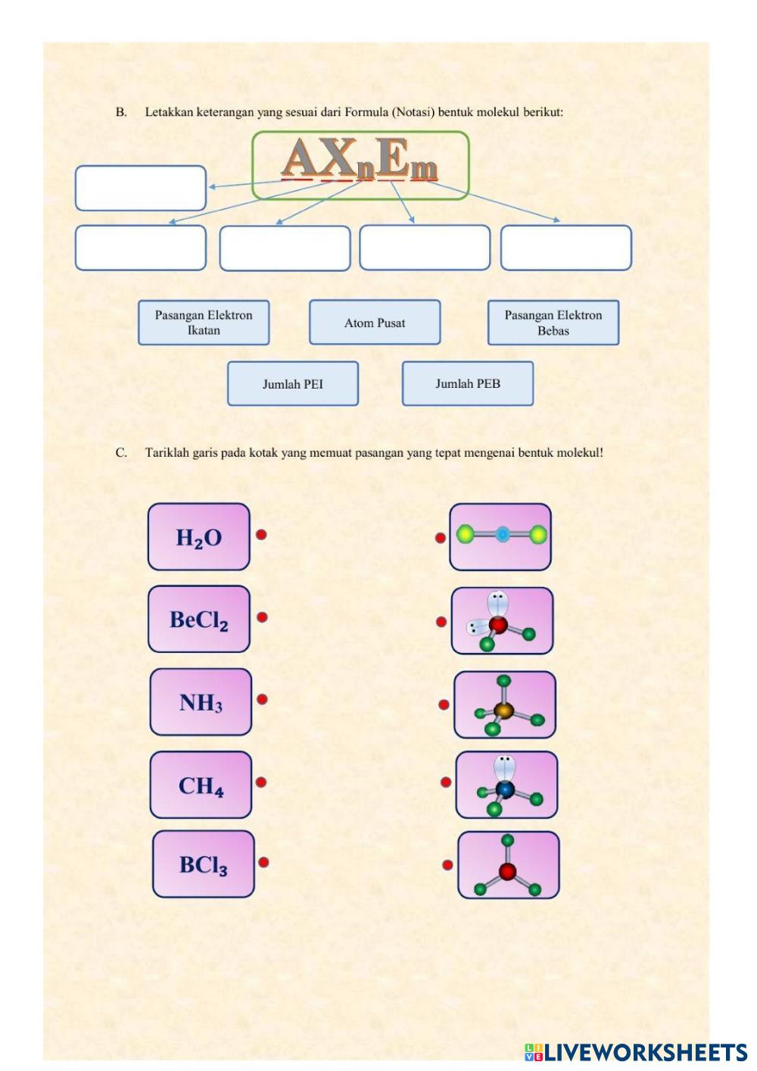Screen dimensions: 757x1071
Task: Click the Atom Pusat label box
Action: (x=375, y=322)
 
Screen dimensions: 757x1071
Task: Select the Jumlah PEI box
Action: (x=293, y=383)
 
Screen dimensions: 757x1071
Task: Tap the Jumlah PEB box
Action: (x=468, y=383)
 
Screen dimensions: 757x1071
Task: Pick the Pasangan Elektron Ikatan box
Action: (x=204, y=322)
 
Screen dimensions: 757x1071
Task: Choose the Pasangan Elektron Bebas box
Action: (x=553, y=322)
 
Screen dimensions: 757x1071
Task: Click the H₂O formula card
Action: (x=199, y=536)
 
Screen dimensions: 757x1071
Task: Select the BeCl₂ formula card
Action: (x=199, y=619)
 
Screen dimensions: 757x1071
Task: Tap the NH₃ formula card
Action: (x=201, y=702)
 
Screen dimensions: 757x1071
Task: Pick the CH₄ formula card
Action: (x=201, y=785)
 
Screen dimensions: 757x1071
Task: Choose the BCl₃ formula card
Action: (x=204, y=864)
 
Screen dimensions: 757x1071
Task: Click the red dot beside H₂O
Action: (x=261, y=535)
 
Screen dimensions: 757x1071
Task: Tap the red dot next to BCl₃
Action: (x=263, y=862)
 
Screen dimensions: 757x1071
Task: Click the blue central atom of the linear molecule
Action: (x=502, y=535)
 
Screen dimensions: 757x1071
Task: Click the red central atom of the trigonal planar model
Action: (x=507, y=871)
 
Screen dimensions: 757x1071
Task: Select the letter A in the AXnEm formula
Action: (x=300, y=157)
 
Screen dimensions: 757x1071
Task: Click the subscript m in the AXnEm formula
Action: (x=424, y=169)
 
